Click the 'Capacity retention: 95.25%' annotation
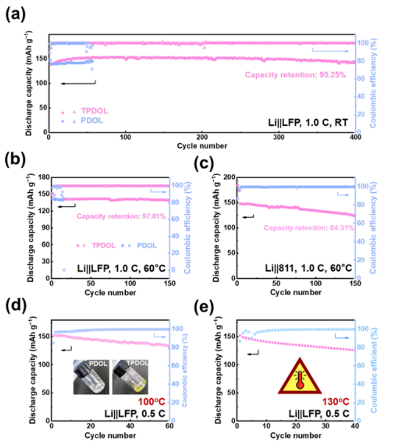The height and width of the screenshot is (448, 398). point(295,74)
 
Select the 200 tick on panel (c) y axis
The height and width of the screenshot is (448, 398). point(227,177)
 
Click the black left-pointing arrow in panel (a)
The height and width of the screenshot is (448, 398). point(78,83)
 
